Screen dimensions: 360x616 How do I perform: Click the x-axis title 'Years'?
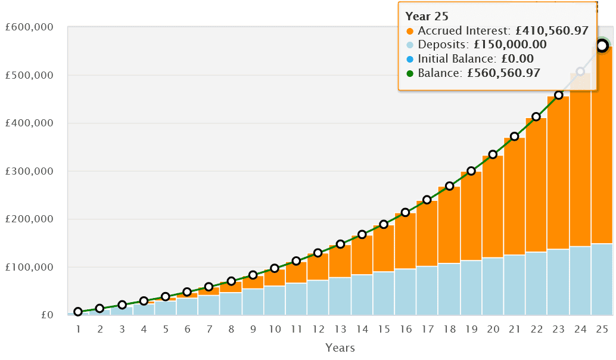coord(341,347)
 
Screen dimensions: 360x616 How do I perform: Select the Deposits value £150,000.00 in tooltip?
coord(507,45)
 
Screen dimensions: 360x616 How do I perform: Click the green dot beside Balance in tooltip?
coord(409,74)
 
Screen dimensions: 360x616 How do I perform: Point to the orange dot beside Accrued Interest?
coord(409,31)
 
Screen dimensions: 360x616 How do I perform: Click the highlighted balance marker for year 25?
coord(602,46)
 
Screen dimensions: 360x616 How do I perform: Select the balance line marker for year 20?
coord(493,154)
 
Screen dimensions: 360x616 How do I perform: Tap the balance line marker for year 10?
coord(275,268)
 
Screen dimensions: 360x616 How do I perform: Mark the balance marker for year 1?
coord(78,312)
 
